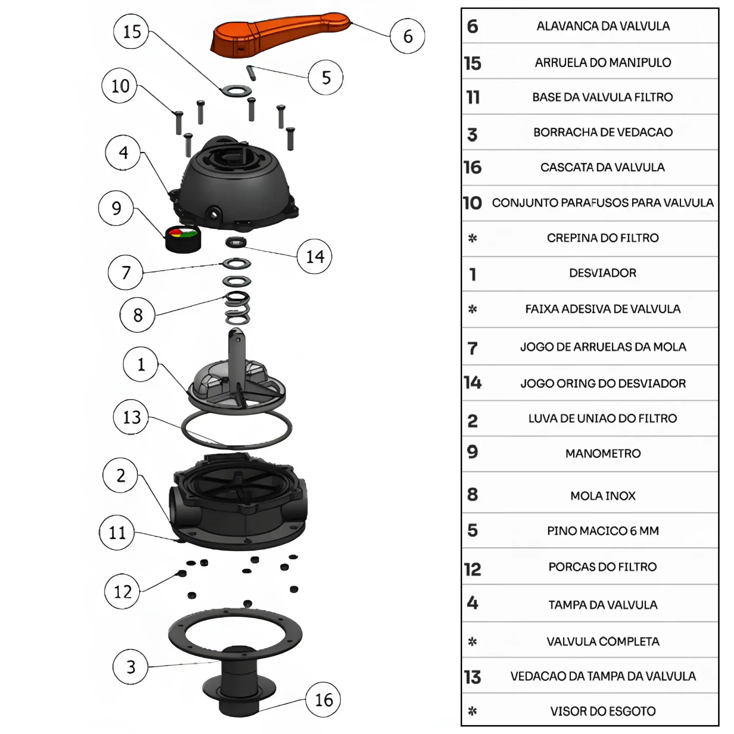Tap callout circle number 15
[131, 32]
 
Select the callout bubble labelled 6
[407, 36]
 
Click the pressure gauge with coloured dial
[183, 239]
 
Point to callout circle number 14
[315, 257]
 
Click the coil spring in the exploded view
[237, 309]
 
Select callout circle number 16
[323, 700]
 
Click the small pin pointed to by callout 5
[251, 73]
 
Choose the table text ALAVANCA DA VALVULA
[603, 26]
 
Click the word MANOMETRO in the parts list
[603, 453]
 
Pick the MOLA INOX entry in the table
[603, 496]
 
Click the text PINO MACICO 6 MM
[603, 531]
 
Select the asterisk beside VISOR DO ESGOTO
[472, 711]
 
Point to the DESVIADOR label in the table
[603, 273]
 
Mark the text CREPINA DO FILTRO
[603, 238]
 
